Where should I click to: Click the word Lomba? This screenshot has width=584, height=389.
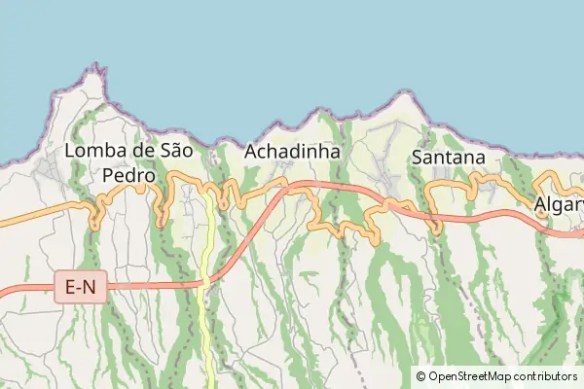tap(93, 152)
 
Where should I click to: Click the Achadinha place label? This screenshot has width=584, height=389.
tap(292, 152)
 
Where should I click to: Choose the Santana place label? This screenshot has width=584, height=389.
tap(449, 157)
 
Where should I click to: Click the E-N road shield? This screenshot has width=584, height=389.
tap(80, 287)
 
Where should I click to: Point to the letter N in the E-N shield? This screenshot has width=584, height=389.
tap(93, 287)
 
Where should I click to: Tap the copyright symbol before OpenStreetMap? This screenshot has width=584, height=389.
tap(421, 376)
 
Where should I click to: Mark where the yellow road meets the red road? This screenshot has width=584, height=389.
tap(204, 283)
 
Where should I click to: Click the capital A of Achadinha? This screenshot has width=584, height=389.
tap(251, 152)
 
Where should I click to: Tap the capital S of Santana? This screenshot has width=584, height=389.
tap(419, 157)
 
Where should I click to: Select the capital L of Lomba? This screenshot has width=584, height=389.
tap(70, 152)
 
